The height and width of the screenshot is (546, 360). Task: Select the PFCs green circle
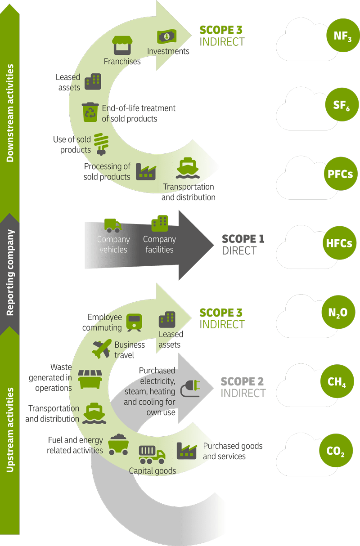341,174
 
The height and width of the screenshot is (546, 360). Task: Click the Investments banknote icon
167,36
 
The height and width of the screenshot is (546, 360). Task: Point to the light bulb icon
101,144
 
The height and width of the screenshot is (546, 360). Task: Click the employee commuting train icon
134,322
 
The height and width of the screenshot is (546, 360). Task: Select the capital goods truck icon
152,455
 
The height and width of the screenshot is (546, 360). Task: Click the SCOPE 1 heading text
243,239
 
